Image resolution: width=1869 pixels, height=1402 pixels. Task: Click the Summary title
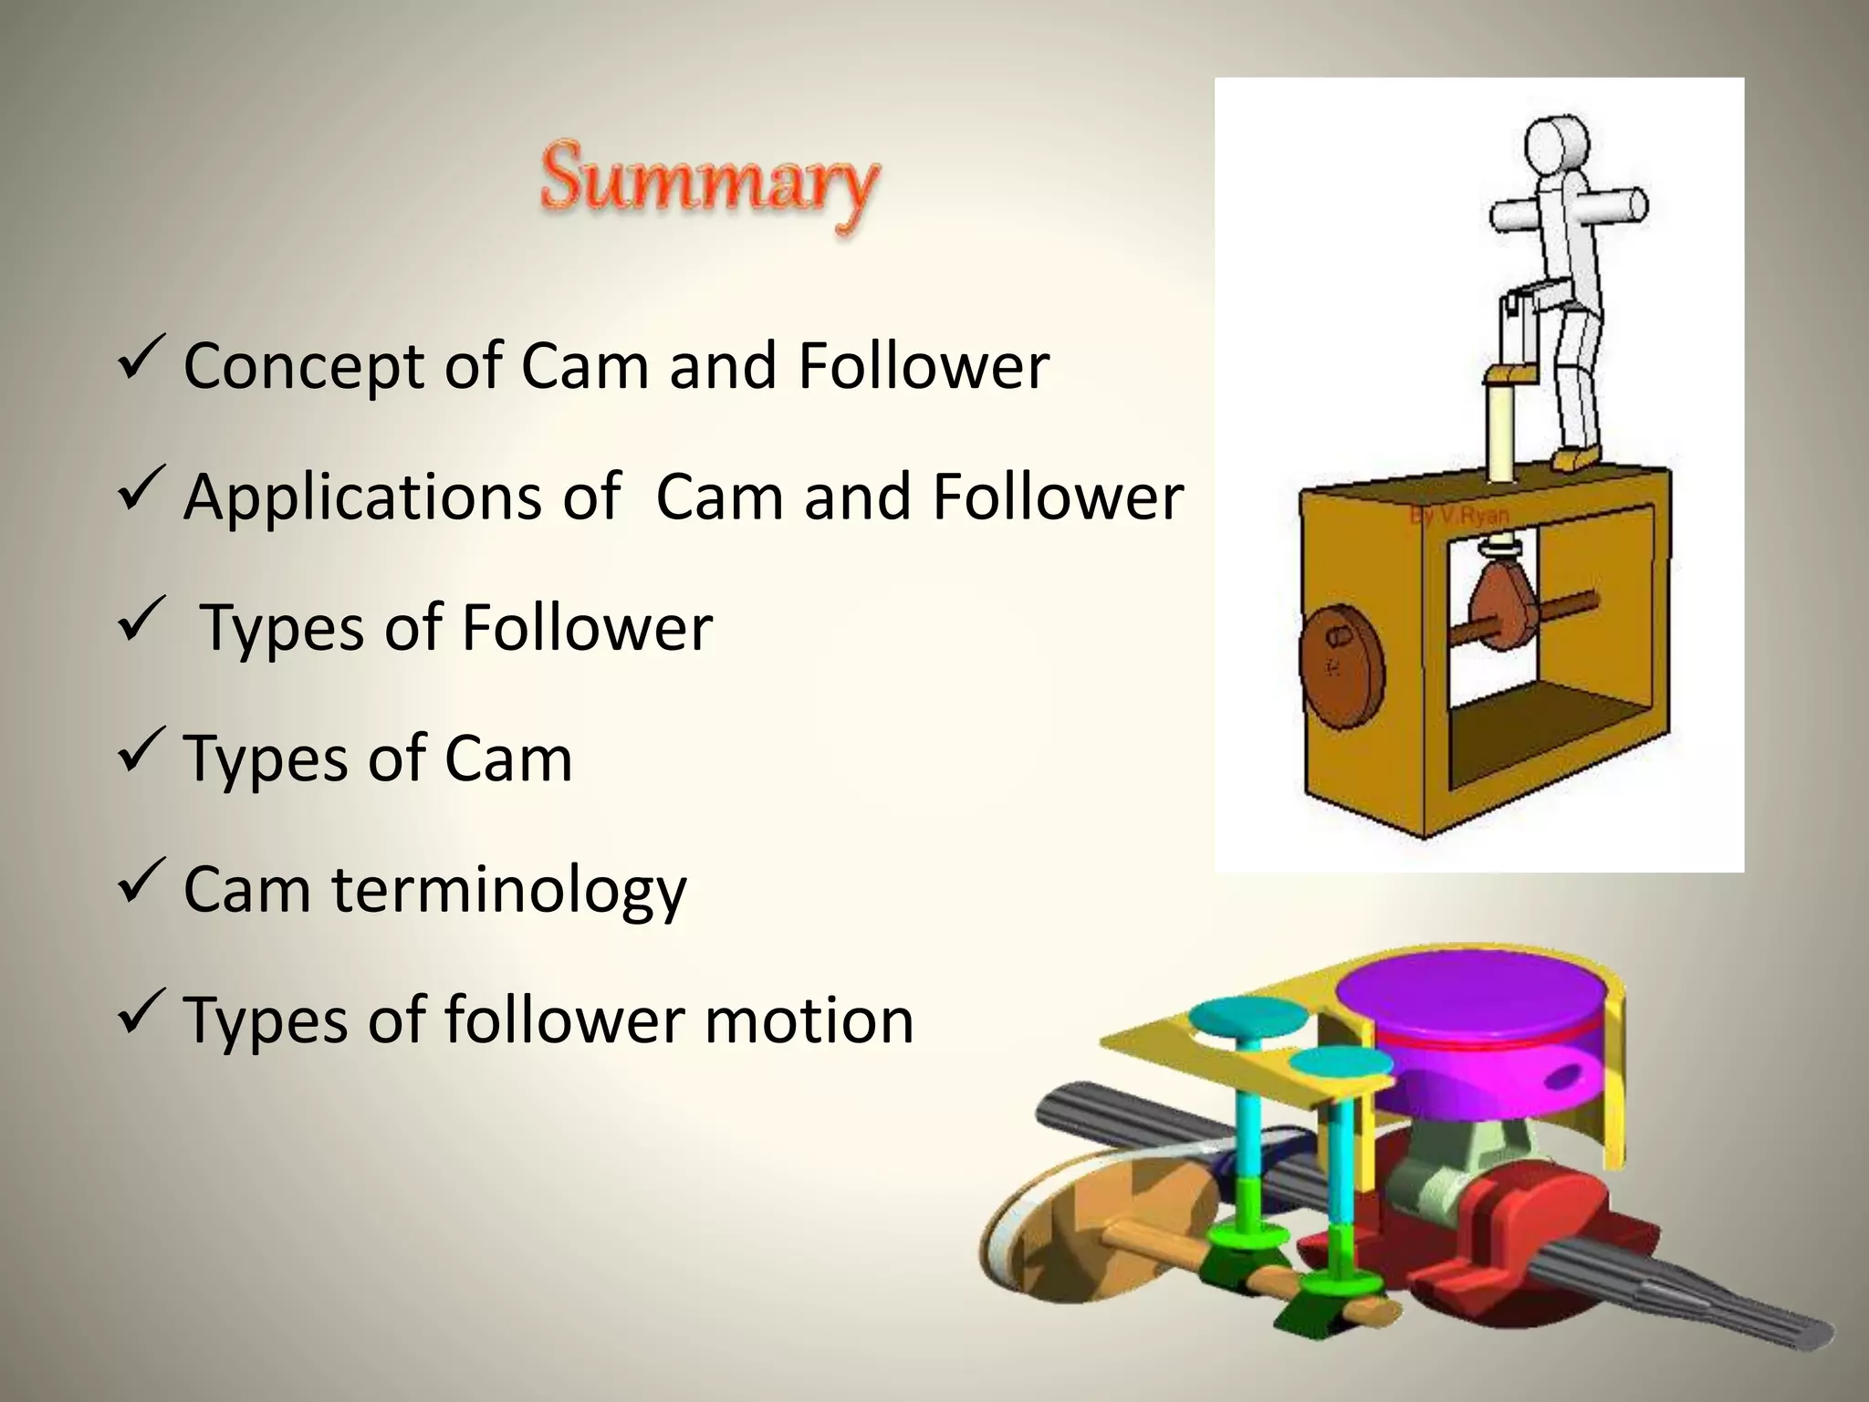pos(709,183)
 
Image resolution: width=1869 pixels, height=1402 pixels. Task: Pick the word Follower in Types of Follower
pos(587,629)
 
